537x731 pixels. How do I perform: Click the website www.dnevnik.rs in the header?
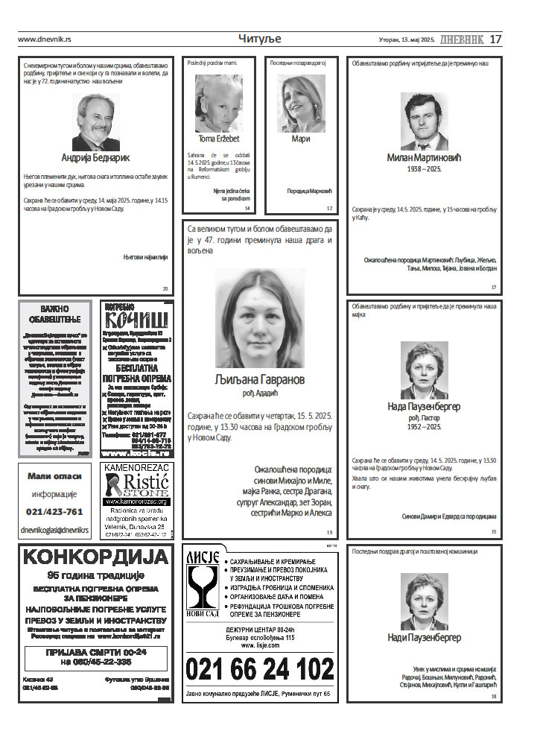click(44, 39)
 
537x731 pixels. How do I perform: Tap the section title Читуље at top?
click(260, 39)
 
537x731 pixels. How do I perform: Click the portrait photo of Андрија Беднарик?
click(95, 122)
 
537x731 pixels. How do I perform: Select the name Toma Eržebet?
click(218, 139)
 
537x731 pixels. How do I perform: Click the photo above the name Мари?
click(300, 103)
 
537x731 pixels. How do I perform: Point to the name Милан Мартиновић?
click(425, 157)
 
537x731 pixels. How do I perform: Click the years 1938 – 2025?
click(425, 170)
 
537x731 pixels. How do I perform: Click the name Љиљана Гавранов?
click(259, 379)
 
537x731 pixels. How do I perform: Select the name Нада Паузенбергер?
click(425, 407)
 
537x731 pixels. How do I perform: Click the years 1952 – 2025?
click(425, 427)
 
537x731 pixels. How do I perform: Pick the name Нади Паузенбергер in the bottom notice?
click(425, 638)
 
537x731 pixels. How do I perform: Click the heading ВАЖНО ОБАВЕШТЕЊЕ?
click(55, 314)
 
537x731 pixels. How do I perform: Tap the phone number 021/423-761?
click(54, 512)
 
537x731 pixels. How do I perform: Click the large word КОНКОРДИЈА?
click(95, 557)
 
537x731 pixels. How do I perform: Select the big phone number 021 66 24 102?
click(259, 668)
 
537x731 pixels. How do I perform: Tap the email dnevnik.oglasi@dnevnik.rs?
click(54, 530)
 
